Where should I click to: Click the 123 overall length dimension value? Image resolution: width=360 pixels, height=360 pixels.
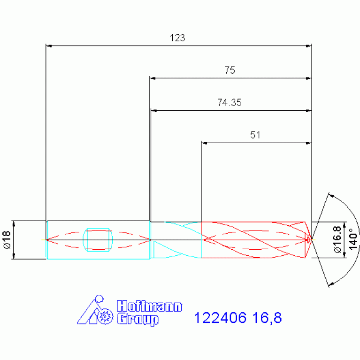pos(177,38)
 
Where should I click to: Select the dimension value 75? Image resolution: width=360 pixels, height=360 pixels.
pos(230,70)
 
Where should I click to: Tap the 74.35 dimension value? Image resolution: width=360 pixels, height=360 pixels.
pos(230,103)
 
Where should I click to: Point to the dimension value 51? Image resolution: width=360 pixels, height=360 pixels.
pos(255,135)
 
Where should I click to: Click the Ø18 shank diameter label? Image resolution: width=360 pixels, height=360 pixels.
pos(7,240)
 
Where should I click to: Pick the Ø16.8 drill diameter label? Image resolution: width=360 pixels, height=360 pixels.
pos(337,240)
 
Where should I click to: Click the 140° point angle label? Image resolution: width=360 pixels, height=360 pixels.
pos(353,239)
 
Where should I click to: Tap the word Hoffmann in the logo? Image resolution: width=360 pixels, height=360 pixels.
pos(149,306)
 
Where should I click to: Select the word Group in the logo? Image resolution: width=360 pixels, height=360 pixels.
pos(138,319)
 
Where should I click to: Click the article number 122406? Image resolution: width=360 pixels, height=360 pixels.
pos(220,318)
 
